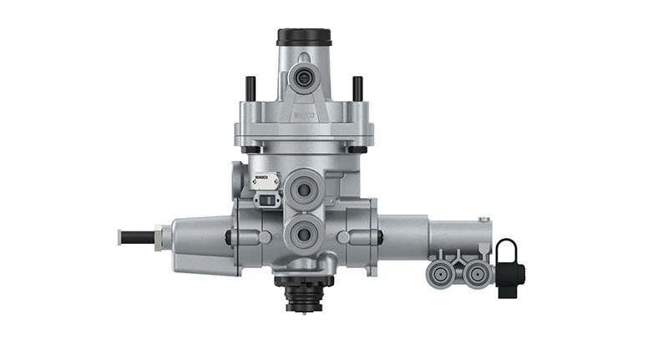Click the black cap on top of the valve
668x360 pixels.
[x=304, y=37]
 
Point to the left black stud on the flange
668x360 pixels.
[x=249, y=89]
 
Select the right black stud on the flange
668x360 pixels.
[x=357, y=89]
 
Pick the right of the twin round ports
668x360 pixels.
[x=475, y=271]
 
